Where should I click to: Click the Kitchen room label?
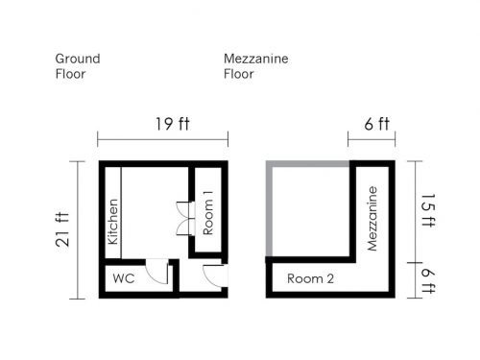[113, 222]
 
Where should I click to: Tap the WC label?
[124, 278]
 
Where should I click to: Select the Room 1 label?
[207, 213]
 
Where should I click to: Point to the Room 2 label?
[310, 278]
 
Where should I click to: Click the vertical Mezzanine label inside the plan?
[372, 219]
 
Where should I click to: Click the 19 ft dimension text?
[173, 124]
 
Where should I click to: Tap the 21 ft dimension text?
[62, 229]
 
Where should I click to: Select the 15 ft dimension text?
[428, 210]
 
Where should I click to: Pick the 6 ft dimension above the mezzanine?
[377, 124]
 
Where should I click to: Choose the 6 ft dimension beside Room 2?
[428, 280]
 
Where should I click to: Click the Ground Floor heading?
[78, 66]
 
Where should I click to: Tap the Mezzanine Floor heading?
[256, 66]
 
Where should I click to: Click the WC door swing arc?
[156, 276]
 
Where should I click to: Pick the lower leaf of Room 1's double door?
[184, 228]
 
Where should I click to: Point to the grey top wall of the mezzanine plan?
[308, 164]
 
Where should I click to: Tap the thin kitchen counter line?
[121, 213]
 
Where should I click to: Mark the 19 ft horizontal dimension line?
[163, 140]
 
